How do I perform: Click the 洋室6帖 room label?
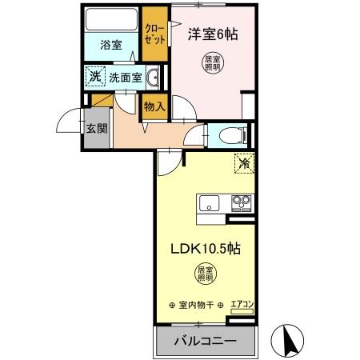(x=214, y=36)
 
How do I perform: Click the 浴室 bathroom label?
(x=112, y=46)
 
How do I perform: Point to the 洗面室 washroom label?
(x=126, y=78)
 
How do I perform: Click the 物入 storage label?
(x=154, y=106)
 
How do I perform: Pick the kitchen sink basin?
(x=210, y=202)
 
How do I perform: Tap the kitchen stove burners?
(x=241, y=202)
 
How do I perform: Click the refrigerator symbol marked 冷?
(x=242, y=165)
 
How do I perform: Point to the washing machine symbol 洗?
(x=95, y=78)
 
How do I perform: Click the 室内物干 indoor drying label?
(x=197, y=305)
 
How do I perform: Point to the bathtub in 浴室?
(x=112, y=19)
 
